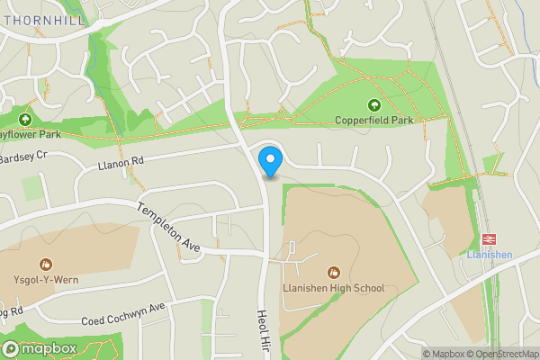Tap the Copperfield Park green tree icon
coord(373,104)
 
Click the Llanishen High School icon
coord(334,273)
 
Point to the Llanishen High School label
coord(334,288)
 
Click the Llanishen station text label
coord(490,255)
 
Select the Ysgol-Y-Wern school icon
coord(45,264)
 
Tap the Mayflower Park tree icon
coord(24,119)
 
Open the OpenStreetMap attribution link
coord(502,354)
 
